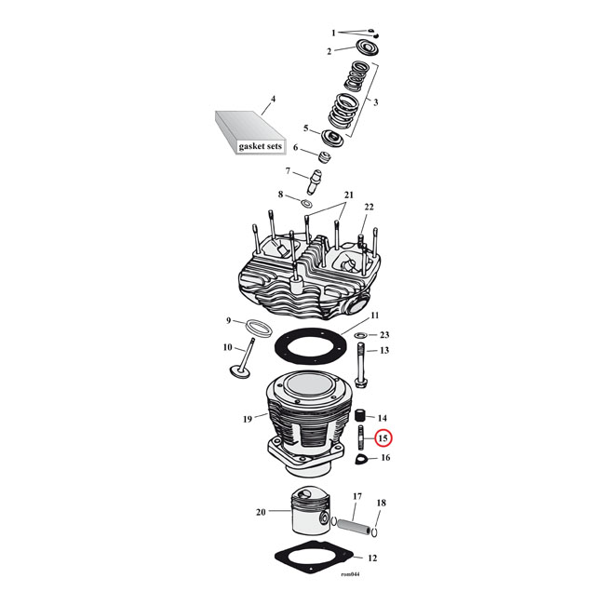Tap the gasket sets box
click(x=246, y=135)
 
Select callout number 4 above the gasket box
click(x=273, y=99)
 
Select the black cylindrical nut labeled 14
click(x=356, y=416)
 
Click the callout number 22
click(x=369, y=206)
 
